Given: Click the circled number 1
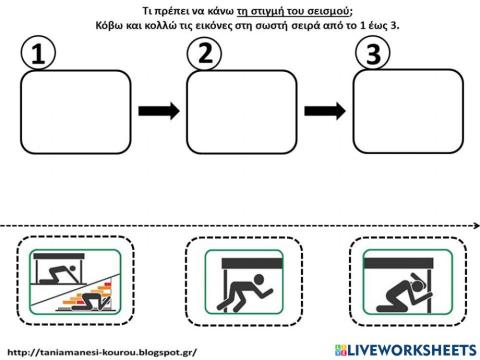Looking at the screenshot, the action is pyautogui.click(x=38, y=53).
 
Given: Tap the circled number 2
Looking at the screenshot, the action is pyautogui.click(x=204, y=53).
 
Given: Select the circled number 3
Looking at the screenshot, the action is pyautogui.click(x=373, y=52).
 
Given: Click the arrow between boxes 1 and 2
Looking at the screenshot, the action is pyautogui.click(x=159, y=111).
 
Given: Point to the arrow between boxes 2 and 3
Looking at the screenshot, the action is pyautogui.click(x=325, y=111).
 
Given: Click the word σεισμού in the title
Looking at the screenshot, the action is pyautogui.click(x=329, y=11).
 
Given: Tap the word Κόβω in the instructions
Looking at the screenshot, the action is pyautogui.click(x=109, y=25).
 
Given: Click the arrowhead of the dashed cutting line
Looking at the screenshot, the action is pyautogui.click(x=476, y=226).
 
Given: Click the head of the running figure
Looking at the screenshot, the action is pyautogui.click(x=258, y=279).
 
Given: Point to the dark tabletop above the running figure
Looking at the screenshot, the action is pyautogui.click(x=252, y=263).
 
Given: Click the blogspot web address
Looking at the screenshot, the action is pyautogui.click(x=102, y=352).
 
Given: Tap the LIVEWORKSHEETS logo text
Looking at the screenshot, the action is pyautogui.click(x=412, y=350).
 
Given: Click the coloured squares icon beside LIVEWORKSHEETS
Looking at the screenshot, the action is pyautogui.click(x=341, y=350).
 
